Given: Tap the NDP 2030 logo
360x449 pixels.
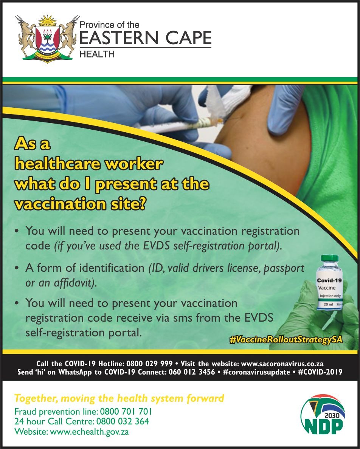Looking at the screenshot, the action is (323, 414).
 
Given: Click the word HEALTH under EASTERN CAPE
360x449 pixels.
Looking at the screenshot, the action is (97, 54).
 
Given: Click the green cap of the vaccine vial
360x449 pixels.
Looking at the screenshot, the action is (330, 258).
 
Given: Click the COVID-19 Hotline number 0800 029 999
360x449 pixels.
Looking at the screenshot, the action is (149, 364).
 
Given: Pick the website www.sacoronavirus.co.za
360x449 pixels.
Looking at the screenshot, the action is (282, 364).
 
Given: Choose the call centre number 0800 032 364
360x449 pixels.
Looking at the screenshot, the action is (123, 421).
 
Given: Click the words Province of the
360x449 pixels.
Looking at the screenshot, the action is (109, 25).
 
